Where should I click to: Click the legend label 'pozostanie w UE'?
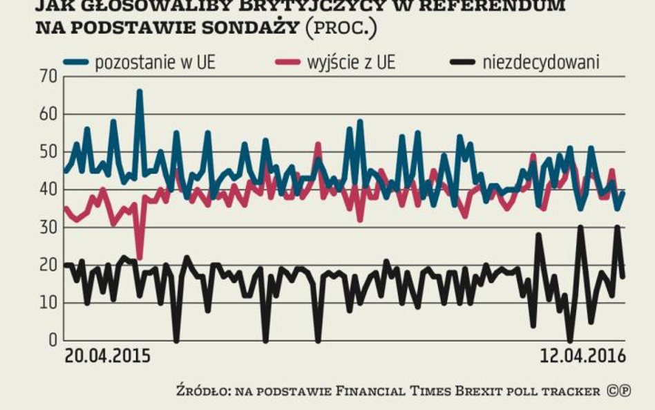coord(155,62)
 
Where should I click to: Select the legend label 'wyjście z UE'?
coord(352,62)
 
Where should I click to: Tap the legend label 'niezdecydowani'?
coord(542,62)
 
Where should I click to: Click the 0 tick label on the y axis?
coord(53,341)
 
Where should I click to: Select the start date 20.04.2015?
coord(107,357)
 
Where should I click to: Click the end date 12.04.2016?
coord(582,357)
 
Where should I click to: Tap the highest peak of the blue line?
coord(140,91)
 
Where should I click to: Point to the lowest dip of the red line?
coord(140,257)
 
